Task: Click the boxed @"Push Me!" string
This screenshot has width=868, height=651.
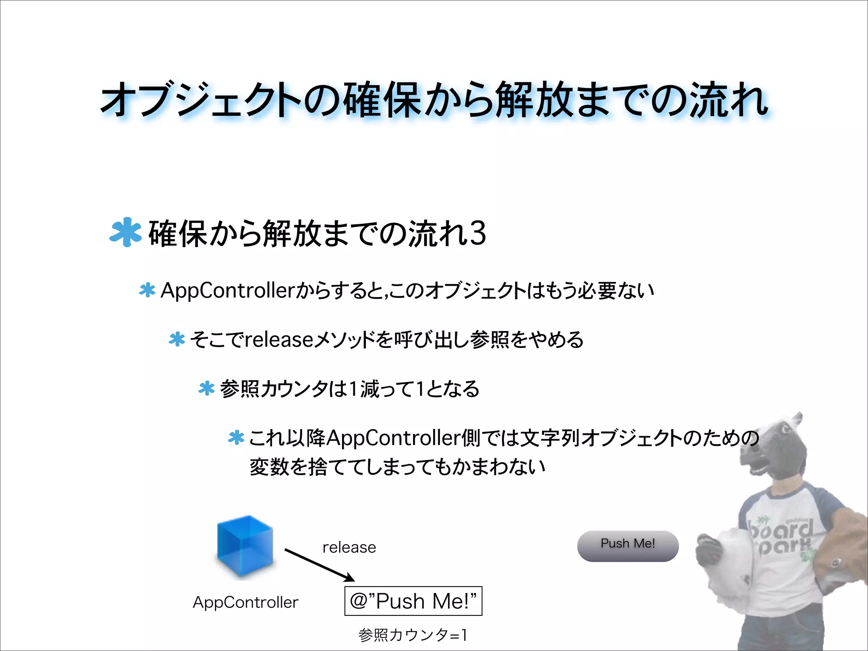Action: point(413,601)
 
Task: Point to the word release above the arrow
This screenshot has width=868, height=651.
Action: point(349,547)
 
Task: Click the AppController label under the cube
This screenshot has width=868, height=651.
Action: point(245,602)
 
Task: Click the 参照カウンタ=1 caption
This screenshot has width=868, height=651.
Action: point(413,635)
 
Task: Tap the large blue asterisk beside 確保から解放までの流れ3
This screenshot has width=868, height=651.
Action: point(125,232)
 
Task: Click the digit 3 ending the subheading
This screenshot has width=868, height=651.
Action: point(478,233)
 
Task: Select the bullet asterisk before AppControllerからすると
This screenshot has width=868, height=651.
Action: point(147,290)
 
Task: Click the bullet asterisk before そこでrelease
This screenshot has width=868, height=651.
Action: point(177,339)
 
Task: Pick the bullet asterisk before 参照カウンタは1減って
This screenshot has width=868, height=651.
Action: point(206,389)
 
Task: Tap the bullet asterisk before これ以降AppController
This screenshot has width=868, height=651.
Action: point(236,437)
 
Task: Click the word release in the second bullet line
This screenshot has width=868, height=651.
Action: point(279,339)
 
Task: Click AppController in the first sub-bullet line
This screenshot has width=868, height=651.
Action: point(228,291)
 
